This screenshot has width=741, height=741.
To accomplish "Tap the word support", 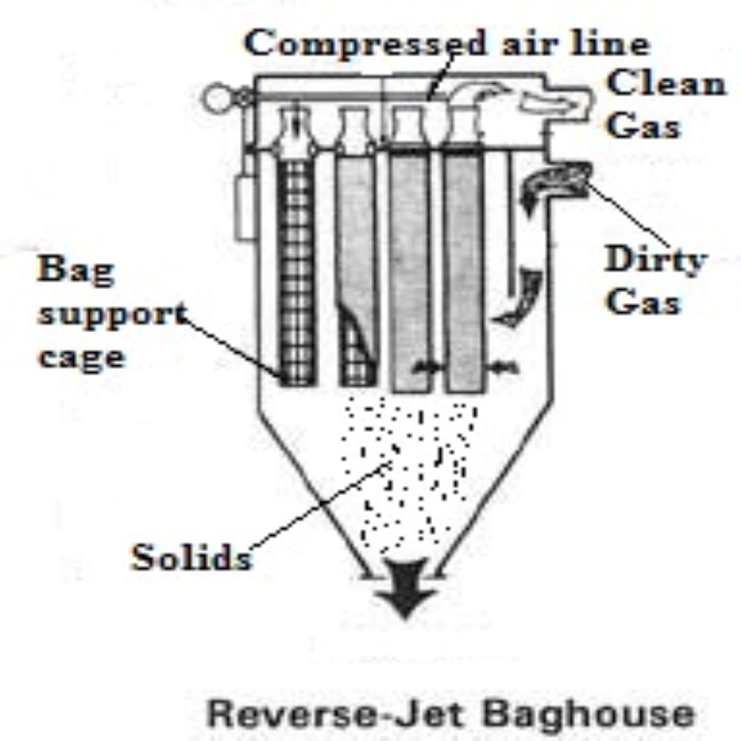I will pos(111,314).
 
